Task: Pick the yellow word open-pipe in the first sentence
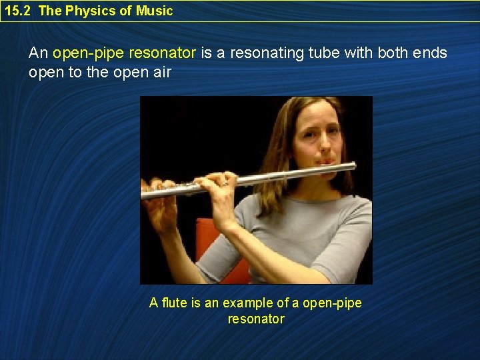[90, 53]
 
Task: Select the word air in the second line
[161, 71]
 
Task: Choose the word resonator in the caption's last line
[256, 319]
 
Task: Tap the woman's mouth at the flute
[327, 162]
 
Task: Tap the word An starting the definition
[38, 53]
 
